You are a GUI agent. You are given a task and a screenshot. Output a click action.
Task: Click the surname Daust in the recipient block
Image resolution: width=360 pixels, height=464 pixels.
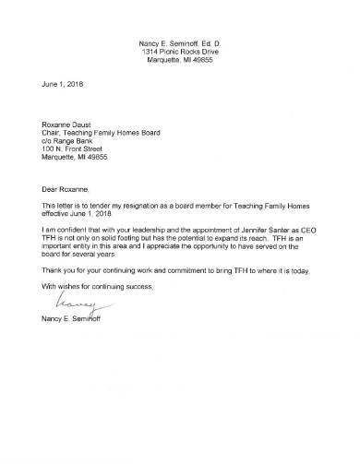click(x=86, y=124)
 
